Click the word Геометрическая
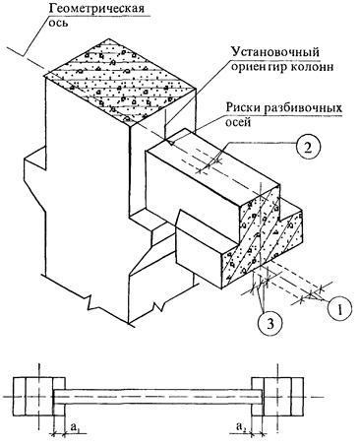point(96,8)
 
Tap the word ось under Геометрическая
point(59,23)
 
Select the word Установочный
point(275,52)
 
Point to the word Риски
point(244,108)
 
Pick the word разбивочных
point(304,108)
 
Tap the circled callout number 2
point(307,147)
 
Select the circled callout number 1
point(340,308)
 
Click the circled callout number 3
point(270,324)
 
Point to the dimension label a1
point(75,426)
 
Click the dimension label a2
point(241,426)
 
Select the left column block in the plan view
point(38,397)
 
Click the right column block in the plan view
point(277,397)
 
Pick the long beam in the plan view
point(157,397)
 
